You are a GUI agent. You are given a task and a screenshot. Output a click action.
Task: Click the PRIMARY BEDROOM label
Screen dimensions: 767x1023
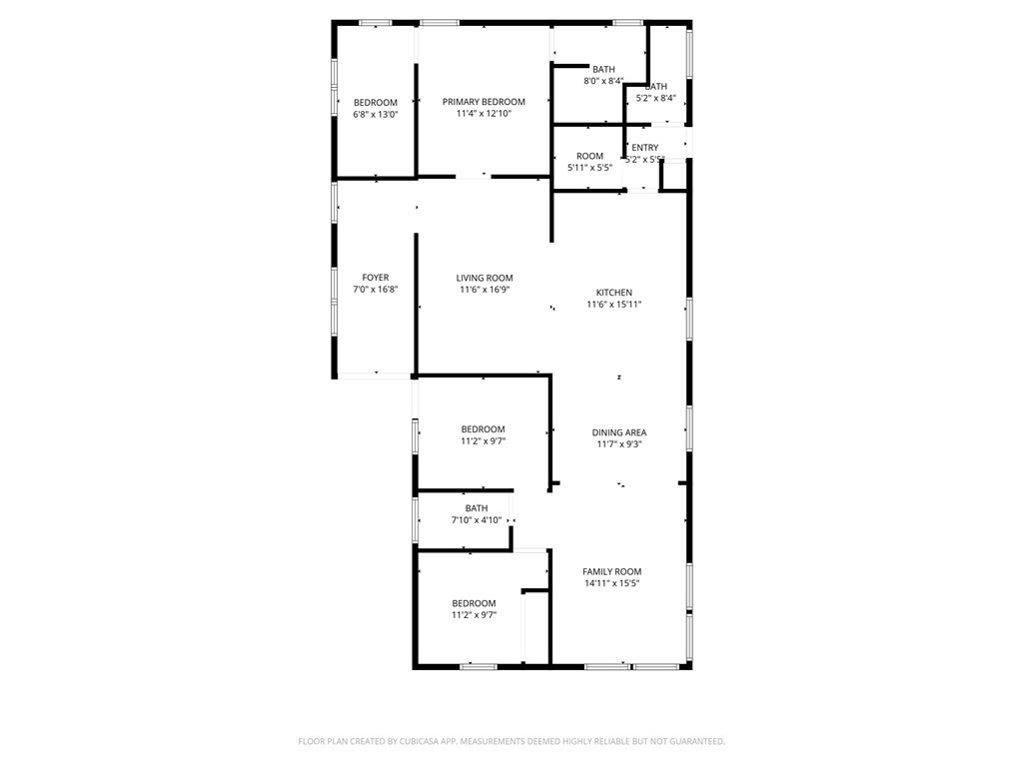point(484,102)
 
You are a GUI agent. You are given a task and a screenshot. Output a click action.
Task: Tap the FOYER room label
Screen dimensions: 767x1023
point(376,278)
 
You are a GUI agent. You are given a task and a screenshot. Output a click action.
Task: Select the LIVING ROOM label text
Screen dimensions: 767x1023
point(485,279)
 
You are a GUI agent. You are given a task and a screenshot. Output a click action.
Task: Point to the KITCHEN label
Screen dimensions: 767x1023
point(614,293)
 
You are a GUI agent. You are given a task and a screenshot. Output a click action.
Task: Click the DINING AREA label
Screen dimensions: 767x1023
point(619,432)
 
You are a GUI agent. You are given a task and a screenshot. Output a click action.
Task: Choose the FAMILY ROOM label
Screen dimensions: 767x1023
point(612,571)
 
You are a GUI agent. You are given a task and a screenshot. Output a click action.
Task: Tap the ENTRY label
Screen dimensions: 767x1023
point(645,148)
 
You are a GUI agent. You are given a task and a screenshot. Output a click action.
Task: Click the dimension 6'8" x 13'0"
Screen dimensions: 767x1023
point(376,115)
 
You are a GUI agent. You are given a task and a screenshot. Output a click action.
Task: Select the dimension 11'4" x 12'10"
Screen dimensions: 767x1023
point(484,114)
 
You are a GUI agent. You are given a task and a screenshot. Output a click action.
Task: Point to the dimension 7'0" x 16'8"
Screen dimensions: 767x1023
point(376,290)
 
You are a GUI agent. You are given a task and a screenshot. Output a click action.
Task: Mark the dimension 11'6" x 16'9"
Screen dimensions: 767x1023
point(485,291)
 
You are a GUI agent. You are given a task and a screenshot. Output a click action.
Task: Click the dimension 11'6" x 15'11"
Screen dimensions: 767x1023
point(614,305)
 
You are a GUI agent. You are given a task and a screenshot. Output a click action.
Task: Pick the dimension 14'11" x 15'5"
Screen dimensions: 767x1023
point(612,583)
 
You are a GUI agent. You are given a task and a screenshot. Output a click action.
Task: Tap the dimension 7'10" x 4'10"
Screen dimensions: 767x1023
point(477,520)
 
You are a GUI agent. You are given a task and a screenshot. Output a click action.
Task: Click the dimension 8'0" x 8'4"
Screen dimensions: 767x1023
point(603,81)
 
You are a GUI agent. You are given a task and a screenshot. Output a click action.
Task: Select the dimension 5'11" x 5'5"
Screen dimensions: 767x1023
point(589,168)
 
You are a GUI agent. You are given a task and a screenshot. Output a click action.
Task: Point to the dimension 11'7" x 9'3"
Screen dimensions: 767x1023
point(619,444)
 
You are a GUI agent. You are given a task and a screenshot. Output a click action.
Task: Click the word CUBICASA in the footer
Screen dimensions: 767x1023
point(418,741)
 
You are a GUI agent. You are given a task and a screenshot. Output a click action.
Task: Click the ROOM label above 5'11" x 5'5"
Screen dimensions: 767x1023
point(589,156)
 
